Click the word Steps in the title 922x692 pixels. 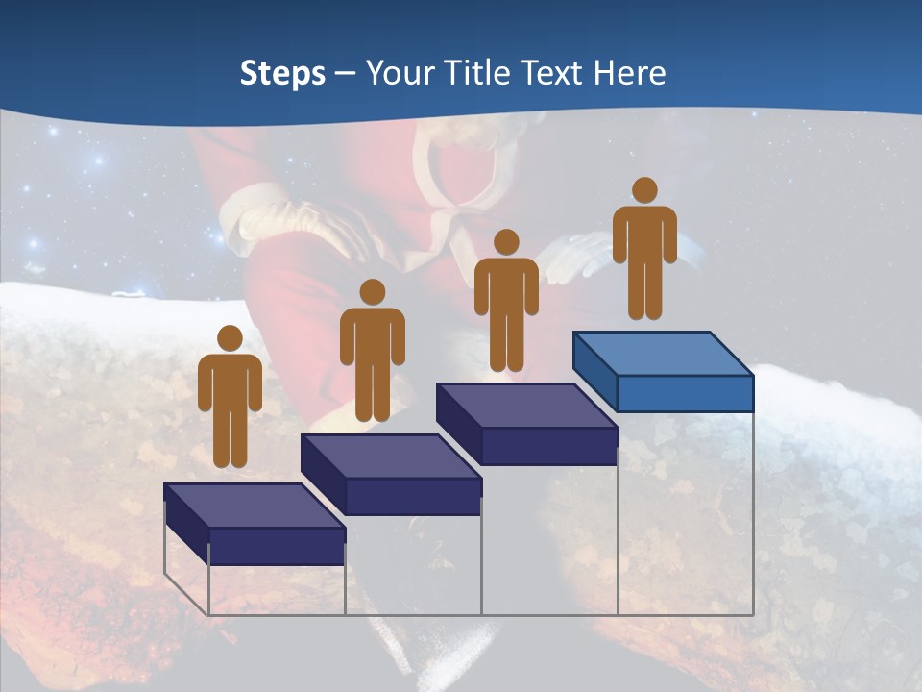point(282,73)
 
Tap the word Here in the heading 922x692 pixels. point(627,73)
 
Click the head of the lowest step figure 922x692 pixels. point(230,338)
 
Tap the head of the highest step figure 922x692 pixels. point(644,190)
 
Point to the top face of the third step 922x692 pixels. point(526,406)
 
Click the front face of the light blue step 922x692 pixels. point(685,393)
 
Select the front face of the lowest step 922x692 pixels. point(277,546)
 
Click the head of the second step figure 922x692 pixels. point(372,292)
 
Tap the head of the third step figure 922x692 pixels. point(506,242)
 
